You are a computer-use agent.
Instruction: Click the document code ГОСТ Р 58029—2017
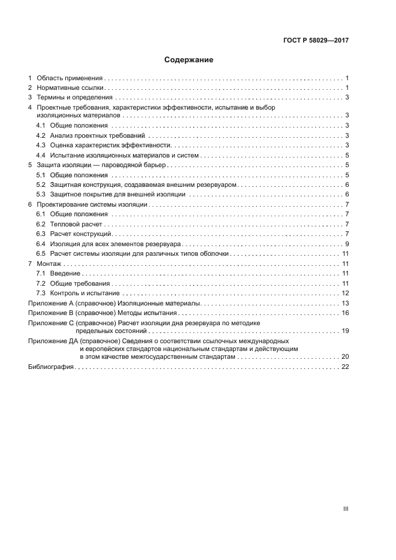pos(316,40)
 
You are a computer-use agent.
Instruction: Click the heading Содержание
pos(189,60)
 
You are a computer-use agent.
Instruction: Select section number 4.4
pos(41,155)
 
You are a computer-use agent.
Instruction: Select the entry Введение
pos(66,273)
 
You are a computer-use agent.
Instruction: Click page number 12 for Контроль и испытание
pos(345,293)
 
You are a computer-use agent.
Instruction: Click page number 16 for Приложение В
pos(345,313)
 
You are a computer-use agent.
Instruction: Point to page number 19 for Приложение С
pos(345,331)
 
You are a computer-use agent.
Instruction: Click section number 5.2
pos(41,184)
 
